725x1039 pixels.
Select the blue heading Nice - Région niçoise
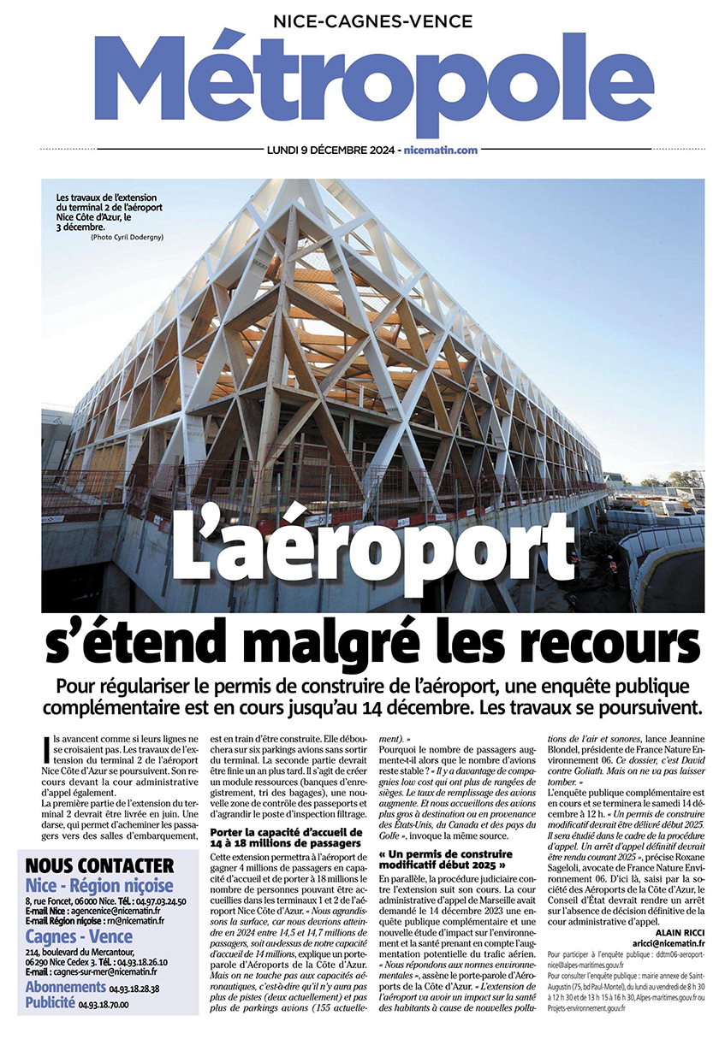point(99,885)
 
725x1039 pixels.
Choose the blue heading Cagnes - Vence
point(80,936)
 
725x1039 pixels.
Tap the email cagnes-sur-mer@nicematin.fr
point(104,972)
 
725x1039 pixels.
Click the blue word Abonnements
point(66,988)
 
